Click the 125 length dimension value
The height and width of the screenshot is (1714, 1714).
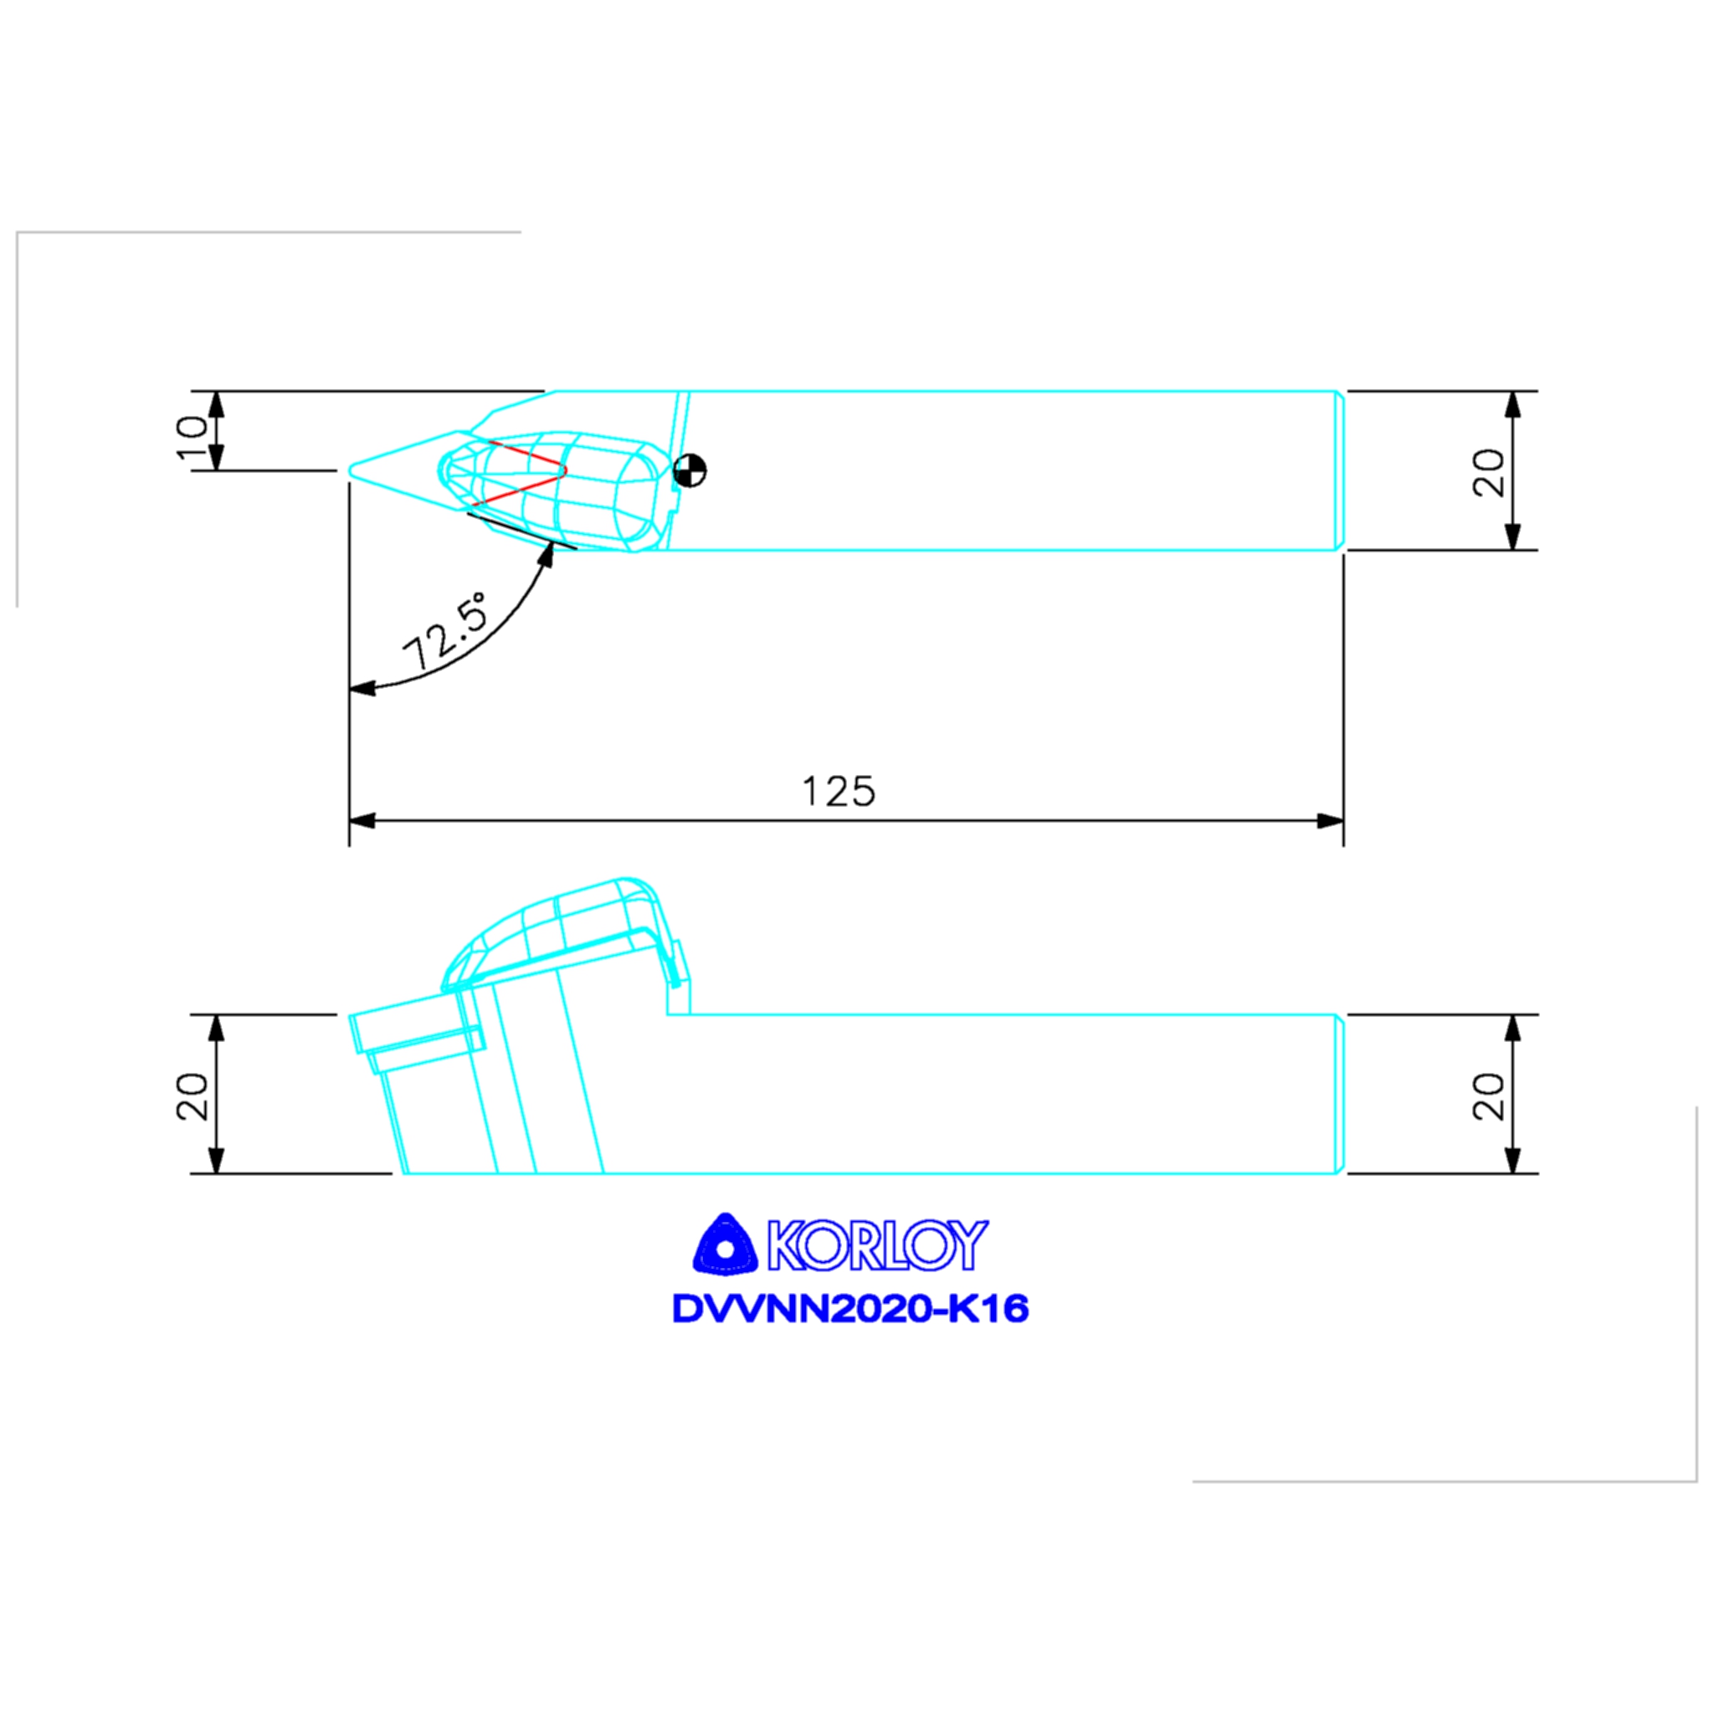pyautogui.click(x=838, y=792)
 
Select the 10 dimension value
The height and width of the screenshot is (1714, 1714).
pyautogui.click(x=192, y=439)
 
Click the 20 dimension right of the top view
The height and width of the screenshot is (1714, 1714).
pyautogui.click(x=1489, y=473)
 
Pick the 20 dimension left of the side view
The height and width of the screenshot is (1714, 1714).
pyautogui.click(x=192, y=1096)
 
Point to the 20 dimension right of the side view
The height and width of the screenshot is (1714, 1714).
pyautogui.click(x=1489, y=1096)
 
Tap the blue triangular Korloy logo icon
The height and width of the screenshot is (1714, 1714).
pyautogui.click(x=726, y=1244)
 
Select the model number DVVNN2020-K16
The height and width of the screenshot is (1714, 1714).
pyautogui.click(x=850, y=1309)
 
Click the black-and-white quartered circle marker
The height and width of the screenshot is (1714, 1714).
pyautogui.click(x=690, y=470)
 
